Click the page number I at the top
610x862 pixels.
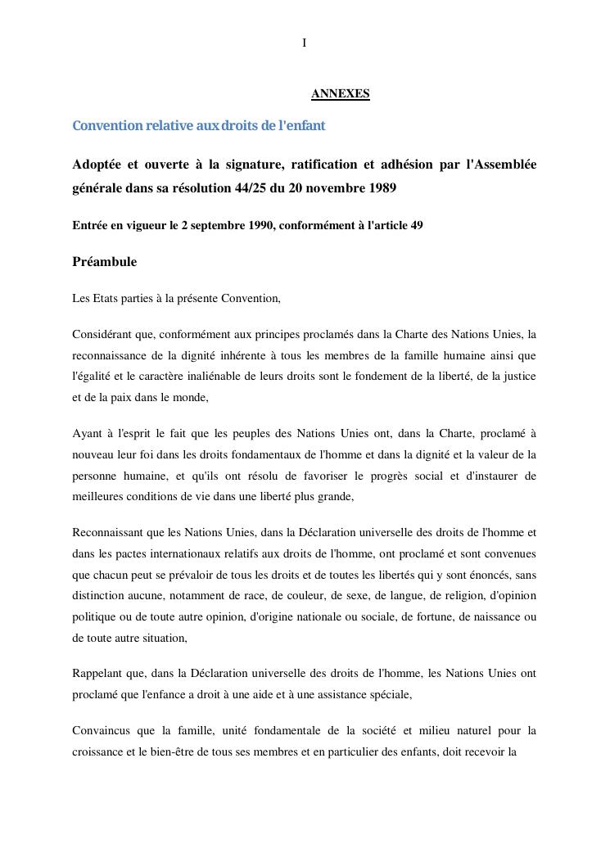point(305,43)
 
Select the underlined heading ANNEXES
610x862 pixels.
point(340,94)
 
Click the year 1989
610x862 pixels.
point(381,188)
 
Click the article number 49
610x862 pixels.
point(416,226)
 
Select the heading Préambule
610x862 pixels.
point(104,262)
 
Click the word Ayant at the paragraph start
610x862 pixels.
point(87,433)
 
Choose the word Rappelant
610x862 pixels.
point(97,673)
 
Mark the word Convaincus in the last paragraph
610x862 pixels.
point(101,730)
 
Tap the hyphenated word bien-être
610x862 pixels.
point(183,751)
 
